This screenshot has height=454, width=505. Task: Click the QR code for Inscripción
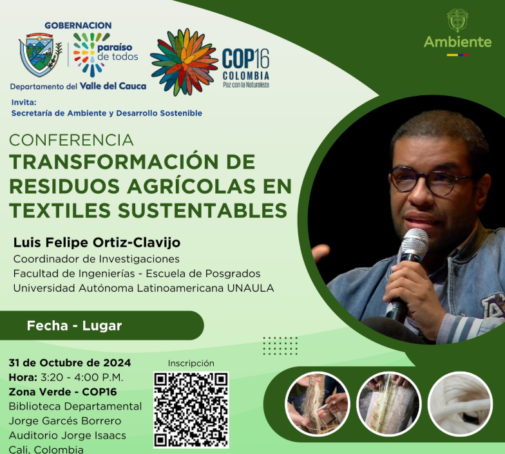click(191, 410)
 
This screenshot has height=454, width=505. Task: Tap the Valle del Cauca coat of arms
click(40, 54)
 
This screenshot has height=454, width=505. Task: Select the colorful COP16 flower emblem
click(184, 62)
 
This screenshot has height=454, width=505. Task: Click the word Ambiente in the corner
click(457, 42)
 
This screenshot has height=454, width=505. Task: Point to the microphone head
click(414, 241)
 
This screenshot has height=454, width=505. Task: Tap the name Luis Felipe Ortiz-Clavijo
click(97, 242)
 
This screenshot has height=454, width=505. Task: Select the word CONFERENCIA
click(71, 140)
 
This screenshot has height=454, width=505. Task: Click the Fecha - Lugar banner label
click(75, 326)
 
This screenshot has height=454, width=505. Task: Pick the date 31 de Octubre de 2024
click(70, 363)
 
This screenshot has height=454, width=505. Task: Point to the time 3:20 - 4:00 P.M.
click(81, 377)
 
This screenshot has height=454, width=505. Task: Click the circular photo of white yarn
click(460, 404)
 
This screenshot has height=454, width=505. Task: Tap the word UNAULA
click(251, 288)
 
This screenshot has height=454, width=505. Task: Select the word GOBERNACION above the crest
click(79, 26)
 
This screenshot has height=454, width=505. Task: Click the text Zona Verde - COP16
click(63, 392)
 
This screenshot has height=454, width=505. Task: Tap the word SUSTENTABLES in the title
click(202, 211)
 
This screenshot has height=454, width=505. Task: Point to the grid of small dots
click(280, 346)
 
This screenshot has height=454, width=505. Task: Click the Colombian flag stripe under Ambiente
click(457, 55)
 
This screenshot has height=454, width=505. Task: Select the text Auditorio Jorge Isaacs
click(67, 435)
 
